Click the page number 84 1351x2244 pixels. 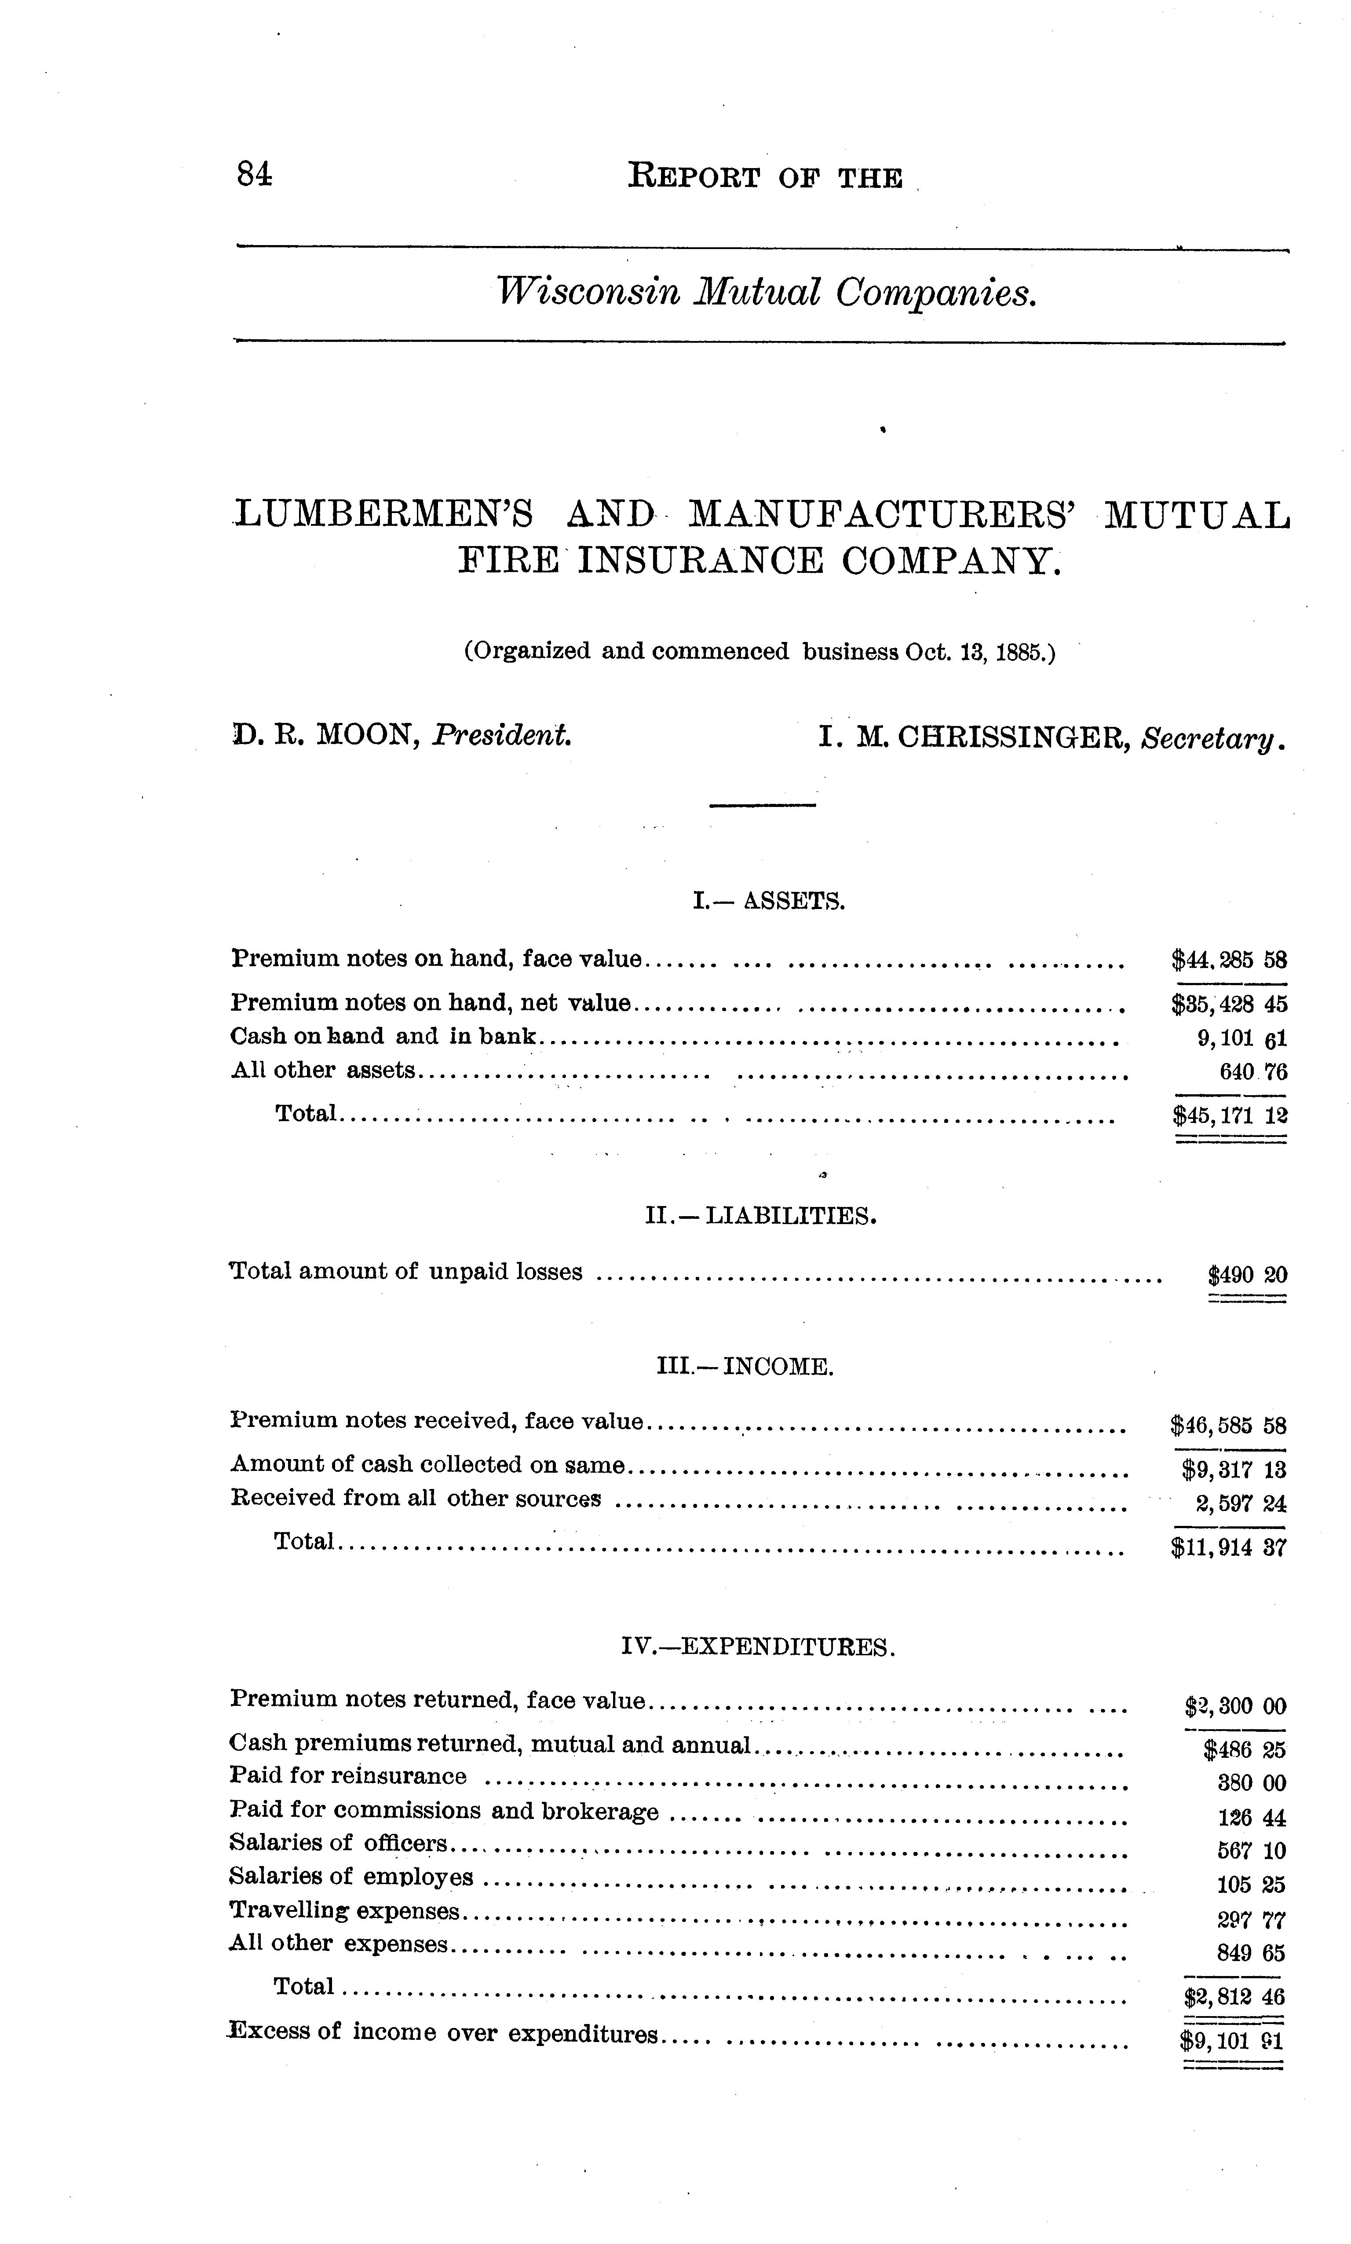coord(254,173)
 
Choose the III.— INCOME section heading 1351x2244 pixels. coord(745,1366)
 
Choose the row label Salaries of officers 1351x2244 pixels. coord(339,1843)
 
